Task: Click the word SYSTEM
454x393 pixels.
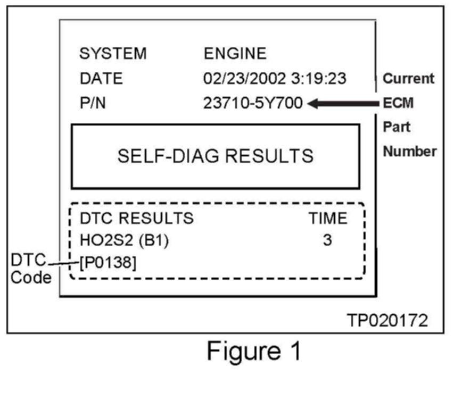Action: (x=112, y=54)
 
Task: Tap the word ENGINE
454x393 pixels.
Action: (x=235, y=54)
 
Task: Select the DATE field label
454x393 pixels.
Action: (x=101, y=79)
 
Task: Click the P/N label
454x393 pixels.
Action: (x=93, y=104)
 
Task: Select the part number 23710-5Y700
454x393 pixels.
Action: (x=253, y=104)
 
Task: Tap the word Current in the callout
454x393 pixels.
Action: (x=409, y=79)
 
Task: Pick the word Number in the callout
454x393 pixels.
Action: (x=410, y=152)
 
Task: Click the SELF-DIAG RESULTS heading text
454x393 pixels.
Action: (x=215, y=156)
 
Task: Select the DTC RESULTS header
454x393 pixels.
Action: (x=137, y=218)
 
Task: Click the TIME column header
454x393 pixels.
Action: (x=327, y=218)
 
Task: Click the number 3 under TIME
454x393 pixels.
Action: (x=327, y=240)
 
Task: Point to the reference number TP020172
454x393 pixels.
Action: (x=387, y=320)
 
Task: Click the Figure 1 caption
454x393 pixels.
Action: (x=254, y=352)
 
